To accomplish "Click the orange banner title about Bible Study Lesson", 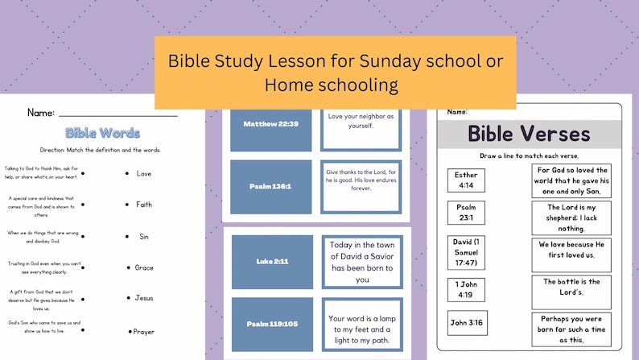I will click(335, 72).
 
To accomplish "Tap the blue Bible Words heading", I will click(102, 133).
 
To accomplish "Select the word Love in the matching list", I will click(144, 173).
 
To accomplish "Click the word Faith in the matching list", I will click(144, 205).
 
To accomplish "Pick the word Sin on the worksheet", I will click(144, 236).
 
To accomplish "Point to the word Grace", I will click(144, 267).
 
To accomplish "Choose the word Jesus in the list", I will click(144, 298).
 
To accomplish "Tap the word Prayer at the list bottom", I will click(144, 331).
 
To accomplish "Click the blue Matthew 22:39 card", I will click(270, 124).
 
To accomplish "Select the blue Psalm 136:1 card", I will click(270, 186).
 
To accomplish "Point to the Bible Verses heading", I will click(529, 134).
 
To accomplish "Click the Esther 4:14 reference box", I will click(466, 180).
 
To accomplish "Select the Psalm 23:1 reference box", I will click(466, 213).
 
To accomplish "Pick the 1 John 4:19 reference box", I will click(466, 289).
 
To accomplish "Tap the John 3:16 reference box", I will click(466, 323).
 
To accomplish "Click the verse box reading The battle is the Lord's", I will click(571, 288).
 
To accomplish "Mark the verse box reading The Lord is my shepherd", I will click(571, 217).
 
